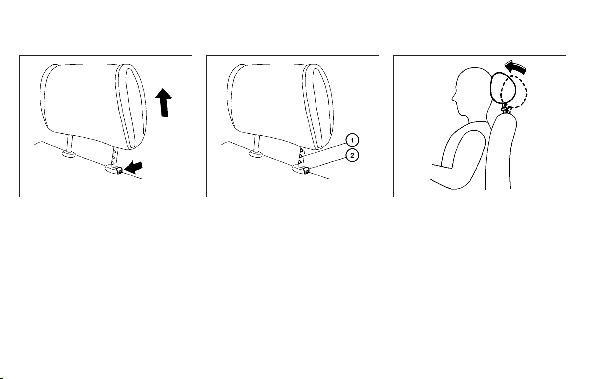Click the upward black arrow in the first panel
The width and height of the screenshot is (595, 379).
[164, 103]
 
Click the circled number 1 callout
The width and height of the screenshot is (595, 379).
[352, 141]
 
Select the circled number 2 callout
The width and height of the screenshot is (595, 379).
[352, 155]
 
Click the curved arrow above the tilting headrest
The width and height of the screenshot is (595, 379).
[516, 67]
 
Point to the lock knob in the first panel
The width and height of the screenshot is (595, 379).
[114, 169]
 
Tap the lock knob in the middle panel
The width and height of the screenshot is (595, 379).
[301, 169]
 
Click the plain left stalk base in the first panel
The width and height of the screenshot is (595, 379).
[68, 154]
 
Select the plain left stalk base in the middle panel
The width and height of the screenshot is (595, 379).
[256, 154]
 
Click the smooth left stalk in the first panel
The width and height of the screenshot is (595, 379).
[69, 143]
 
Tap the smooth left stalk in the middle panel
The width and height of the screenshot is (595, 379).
[256, 143]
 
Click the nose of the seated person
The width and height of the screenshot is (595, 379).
[453, 98]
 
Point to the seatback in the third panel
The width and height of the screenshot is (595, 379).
[501, 152]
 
